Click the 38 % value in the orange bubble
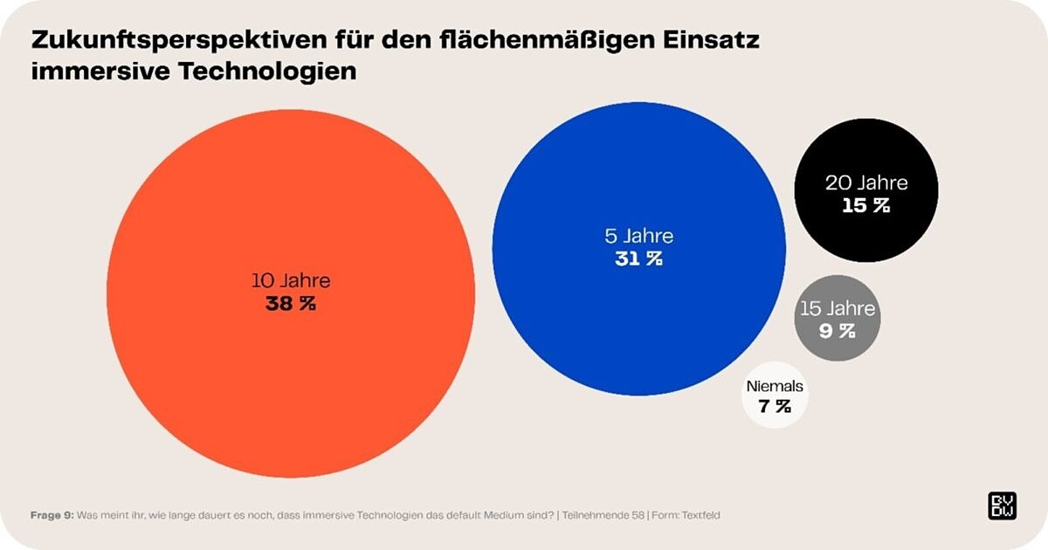tap(290, 304)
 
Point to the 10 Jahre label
tap(291, 281)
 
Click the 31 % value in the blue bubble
tap(638, 258)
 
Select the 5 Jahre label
tap(638, 236)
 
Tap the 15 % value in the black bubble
tap(865, 206)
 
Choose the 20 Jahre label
tap(866, 183)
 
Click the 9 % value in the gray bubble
tap(837, 331)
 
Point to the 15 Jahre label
tap(838, 309)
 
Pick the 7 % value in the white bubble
tap(774, 406)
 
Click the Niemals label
tap(775, 386)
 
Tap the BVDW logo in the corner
tap(1001, 505)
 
